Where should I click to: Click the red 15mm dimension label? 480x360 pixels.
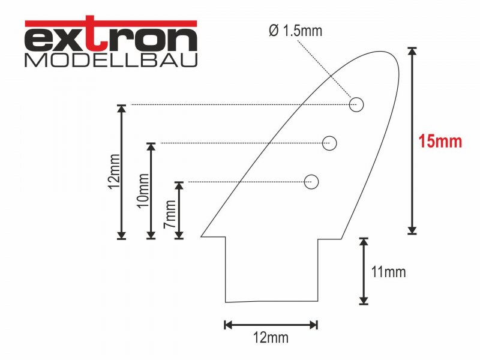[x=440, y=142]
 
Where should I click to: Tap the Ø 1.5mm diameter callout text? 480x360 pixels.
[x=296, y=31]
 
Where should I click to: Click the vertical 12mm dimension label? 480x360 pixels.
[x=115, y=172]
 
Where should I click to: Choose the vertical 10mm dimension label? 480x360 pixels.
[x=143, y=191]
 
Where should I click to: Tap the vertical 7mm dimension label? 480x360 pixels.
[x=170, y=214]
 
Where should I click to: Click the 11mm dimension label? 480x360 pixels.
[x=388, y=272]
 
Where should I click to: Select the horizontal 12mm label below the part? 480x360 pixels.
[x=271, y=338]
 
